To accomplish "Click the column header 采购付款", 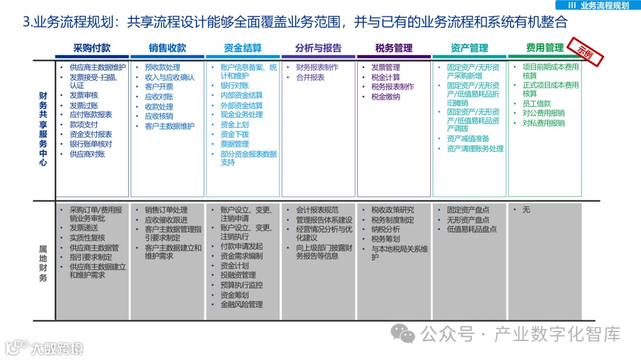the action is tap(92, 48).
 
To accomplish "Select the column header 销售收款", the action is tap(167, 48).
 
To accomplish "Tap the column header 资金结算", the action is tap(243, 48).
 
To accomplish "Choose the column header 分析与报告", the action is tap(318, 48).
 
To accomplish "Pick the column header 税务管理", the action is tap(394, 48).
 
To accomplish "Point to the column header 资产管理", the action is tap(469, 48).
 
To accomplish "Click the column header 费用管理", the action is tap(544, 48).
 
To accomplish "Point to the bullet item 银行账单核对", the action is tap(90, 144).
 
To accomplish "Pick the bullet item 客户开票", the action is tap(159, 87).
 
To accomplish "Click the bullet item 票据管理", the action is tap(234, 144).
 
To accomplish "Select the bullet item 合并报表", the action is tap(310, 77).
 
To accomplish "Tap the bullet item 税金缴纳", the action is tap(386, 97).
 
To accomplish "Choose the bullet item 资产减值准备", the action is tap(472, 139).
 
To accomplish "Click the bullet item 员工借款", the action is tap(537, 104).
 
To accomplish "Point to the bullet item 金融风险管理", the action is tap(241, 304).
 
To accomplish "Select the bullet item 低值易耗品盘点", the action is tap(472, 229).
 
